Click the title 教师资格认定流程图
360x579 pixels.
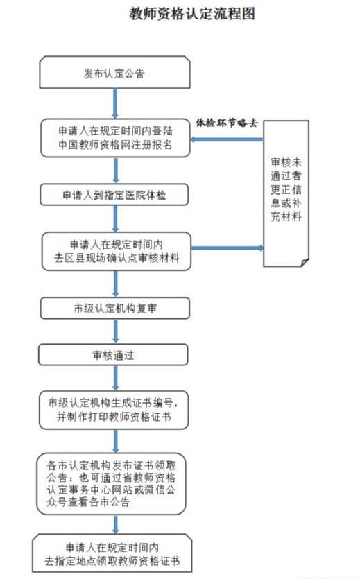pyautogui.click(x=192, y=14)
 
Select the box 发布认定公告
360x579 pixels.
pyautogui.click(x=115, y=72)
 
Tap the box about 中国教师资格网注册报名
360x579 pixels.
pyautogui.click(x=115, y=138)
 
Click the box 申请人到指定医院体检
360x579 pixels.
pyautogui.click(x=114, y=195)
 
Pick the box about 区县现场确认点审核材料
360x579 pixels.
pyautogui.click(x=117, y=251)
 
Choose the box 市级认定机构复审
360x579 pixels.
pyautogui.click(x=115, y=309)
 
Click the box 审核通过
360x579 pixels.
pyautogui.click(x=113, y=355)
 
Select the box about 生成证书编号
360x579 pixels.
pyautogui.click(x=114, y=410)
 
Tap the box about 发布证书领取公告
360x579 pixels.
pyautogui.click(x=111, y=484)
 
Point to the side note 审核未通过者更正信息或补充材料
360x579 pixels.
pyautogui.click(x=286, y=193)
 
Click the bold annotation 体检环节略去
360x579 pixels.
pyautogui.click(x=226, y=123)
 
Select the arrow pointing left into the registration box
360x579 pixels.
pyautogui.click(x=226, y=139)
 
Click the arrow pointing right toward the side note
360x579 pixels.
pyautogui.click(x=228, y=248)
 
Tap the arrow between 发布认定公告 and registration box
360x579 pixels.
pyautogui.click(x=115, y=103)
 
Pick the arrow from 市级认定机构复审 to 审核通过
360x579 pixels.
pyautogui.click(x=116, y=331)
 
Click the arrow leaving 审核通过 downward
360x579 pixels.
pyautogui.click(x=116, y=378)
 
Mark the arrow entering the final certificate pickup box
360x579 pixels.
pyautogui.click(x=116, y=524)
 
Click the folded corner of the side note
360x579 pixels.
pyautogui.click(x=305, y=262)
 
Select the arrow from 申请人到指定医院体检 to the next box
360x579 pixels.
pyautogui.click(x=116, y=218)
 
